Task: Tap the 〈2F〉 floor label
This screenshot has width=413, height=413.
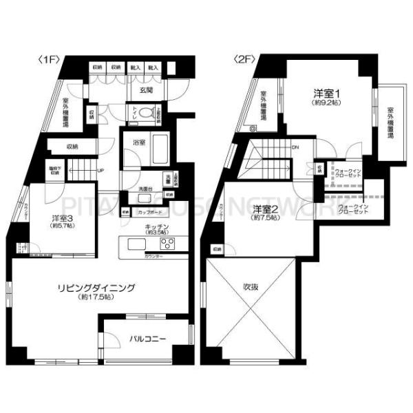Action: point(245,60)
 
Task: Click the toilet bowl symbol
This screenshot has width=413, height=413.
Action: point(144,114)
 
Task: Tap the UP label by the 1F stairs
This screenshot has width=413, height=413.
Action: point(100,171)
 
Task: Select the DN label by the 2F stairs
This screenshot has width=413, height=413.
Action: point(295,147)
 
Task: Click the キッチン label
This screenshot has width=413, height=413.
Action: point(158,226)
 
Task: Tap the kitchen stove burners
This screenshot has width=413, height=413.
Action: point(169,245)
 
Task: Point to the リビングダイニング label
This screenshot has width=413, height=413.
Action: point(96,288)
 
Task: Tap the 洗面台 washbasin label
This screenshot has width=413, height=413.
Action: point(145,189)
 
